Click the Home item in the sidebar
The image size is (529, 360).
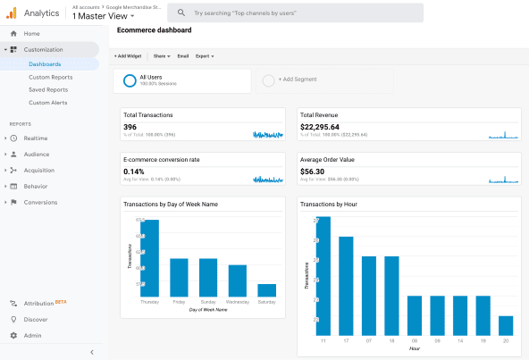point(31,33)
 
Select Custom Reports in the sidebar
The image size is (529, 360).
point(50,77)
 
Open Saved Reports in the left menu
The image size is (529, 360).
point(49,89)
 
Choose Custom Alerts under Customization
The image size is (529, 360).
point(48,103)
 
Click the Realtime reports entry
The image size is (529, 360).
point(36,138)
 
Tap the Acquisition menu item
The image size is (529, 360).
point(38,170)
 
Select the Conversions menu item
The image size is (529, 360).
point(40,202)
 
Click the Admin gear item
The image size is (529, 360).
point(32,335)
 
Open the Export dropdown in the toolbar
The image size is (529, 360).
point(204,56)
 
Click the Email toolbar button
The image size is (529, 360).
point(182,56)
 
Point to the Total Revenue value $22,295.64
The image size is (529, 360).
point(320,127)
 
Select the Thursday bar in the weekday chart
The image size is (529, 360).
point(150,259)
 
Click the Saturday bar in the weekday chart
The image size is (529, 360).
point(266,290)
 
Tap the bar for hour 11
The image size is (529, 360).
point(323,277)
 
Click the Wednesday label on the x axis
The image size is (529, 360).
point(237,303)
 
